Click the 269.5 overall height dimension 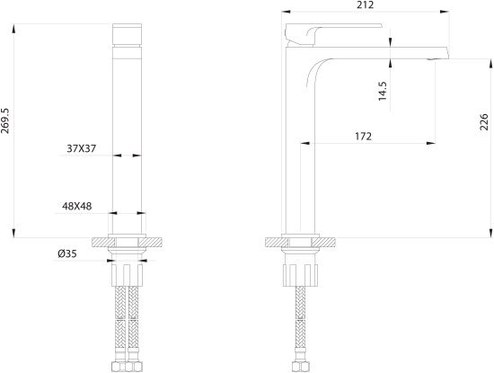point(5,120)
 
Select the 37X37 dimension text point(81,148)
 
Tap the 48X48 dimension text point(77,206)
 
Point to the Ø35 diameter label point(67,253)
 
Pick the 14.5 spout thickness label point(383,91)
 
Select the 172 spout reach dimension point(363,137)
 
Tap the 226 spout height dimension point(483,121)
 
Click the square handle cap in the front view point(127,34)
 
